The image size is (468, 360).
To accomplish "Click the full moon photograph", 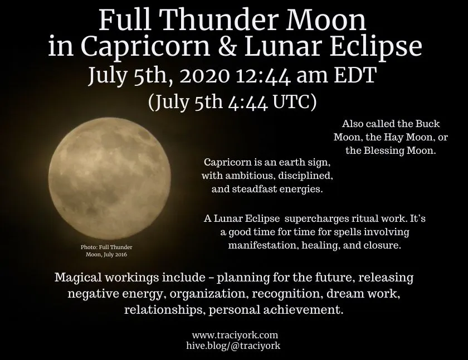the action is pos(110,178).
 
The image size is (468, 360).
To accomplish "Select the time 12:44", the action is pos(263,76).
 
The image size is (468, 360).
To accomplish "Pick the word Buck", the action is pos(428,124).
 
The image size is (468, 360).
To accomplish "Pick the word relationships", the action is pos(164,309).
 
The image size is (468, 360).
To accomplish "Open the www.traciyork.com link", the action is pos(235,335).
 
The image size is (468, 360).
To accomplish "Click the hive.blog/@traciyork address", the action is pos(233,346).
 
